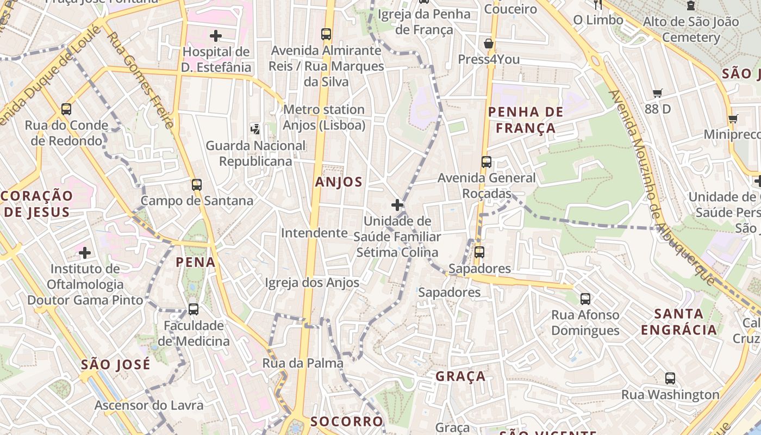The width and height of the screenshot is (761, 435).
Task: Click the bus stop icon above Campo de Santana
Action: point(197,185)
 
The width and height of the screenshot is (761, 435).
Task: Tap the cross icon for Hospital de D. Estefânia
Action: point(216,36)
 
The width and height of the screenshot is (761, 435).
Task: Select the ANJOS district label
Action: point(339,182)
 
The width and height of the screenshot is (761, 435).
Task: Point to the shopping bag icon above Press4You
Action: point(489,43)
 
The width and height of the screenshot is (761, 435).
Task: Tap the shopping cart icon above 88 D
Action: point(658,94)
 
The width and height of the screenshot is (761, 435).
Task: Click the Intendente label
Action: point(314,233)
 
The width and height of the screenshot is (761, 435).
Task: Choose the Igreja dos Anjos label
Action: point(312,282)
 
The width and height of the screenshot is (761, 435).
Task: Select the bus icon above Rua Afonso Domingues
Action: point(585,299)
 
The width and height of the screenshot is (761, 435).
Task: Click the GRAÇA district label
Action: point(460,376)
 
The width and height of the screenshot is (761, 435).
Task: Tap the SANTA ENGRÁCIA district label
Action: point(679,321)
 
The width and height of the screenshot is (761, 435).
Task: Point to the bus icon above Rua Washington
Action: point(670,378)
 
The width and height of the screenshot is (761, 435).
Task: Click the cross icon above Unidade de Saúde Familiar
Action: point(397,205)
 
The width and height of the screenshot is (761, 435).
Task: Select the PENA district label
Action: point(196,262)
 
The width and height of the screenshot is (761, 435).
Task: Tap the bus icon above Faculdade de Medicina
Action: point(194,309)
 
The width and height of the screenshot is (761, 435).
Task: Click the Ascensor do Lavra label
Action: point(149,405)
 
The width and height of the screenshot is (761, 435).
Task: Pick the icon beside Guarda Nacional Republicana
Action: point(255,129)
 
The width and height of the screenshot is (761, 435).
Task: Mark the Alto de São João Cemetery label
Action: point(691,29)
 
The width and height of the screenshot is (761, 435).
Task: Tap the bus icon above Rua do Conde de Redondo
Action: point(66,109)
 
